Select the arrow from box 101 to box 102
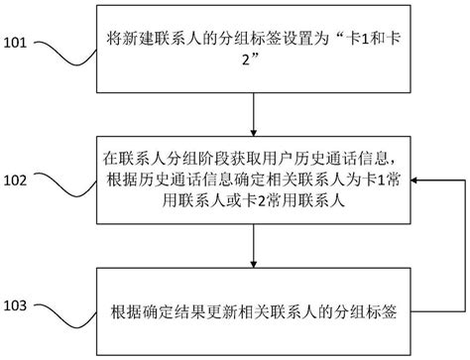tap(256, 111)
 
